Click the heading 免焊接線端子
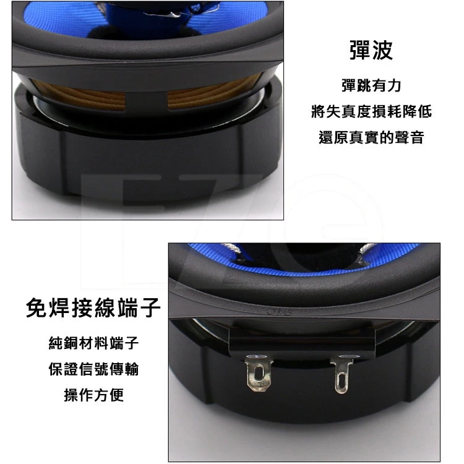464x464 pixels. [93, 307]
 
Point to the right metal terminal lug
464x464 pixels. [341, 374]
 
